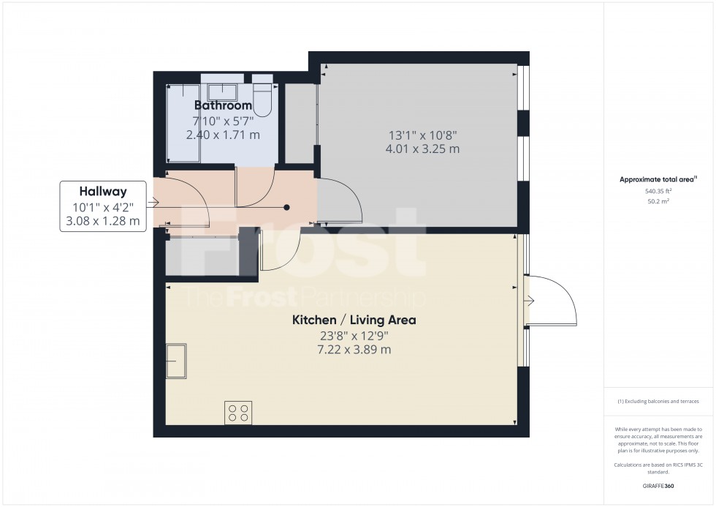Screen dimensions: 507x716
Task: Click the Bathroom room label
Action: (223, 106)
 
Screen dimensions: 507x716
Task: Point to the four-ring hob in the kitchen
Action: (238, 412)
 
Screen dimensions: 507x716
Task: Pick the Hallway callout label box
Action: (104, 207)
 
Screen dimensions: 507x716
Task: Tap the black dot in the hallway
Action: (287, 208)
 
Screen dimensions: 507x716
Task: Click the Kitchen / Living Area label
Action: (354, 320)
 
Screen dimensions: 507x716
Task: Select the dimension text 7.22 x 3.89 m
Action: (354, 350)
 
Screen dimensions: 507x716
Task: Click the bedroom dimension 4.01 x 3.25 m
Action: (423, 149)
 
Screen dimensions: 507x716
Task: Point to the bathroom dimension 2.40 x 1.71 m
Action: (223, 135)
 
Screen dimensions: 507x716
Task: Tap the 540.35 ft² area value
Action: (659, 191)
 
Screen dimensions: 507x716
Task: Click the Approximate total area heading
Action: (658, 179)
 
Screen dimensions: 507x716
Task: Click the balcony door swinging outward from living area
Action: (552, 300)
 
